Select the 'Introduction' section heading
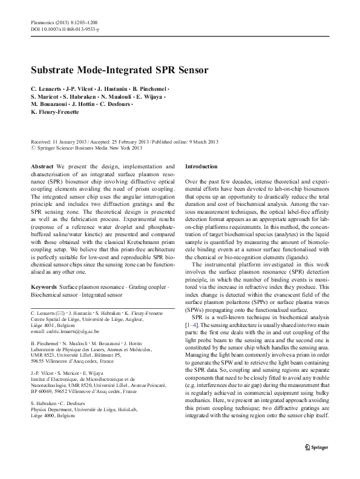[201, 165]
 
